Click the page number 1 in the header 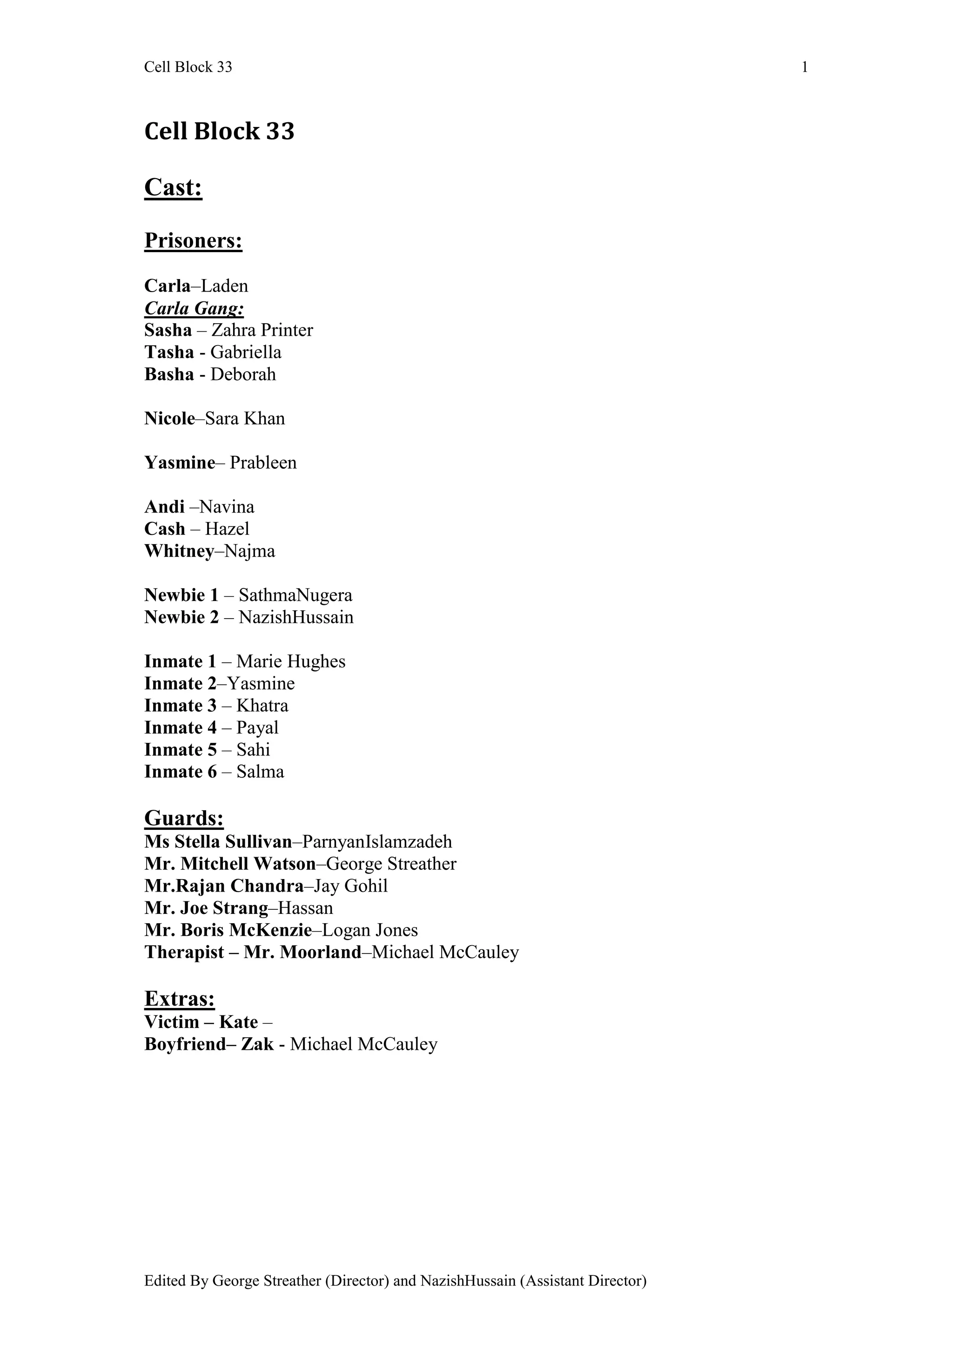(805, 67)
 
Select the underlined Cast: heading (173, 188)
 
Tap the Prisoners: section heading (193, 240)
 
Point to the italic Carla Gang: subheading (194, 308)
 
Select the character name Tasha (169, 352)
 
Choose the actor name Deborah (243, 374)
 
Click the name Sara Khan (245, 418)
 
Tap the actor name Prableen (263, 463)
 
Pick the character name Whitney (179, 551)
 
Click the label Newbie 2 (181, 617)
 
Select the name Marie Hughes (290, 662)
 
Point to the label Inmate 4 (180, 727)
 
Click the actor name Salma (260, 772)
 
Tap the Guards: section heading (184, 818)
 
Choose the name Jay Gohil (350, 886)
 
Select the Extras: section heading (180, 999)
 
